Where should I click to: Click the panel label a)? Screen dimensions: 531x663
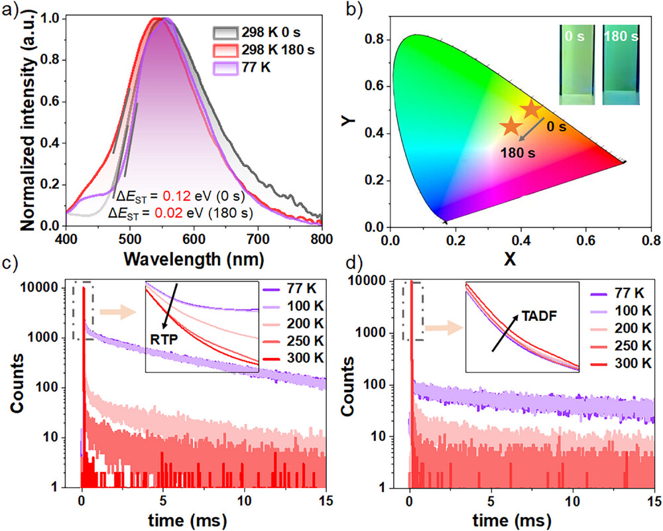pos(10,9)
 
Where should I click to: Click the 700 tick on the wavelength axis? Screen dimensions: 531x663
pos(457,237)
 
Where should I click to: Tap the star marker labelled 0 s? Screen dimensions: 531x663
pos(531,109)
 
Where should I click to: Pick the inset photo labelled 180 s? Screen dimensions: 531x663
pos(621,64)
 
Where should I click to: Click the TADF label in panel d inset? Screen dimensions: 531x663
pos(538,317)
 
